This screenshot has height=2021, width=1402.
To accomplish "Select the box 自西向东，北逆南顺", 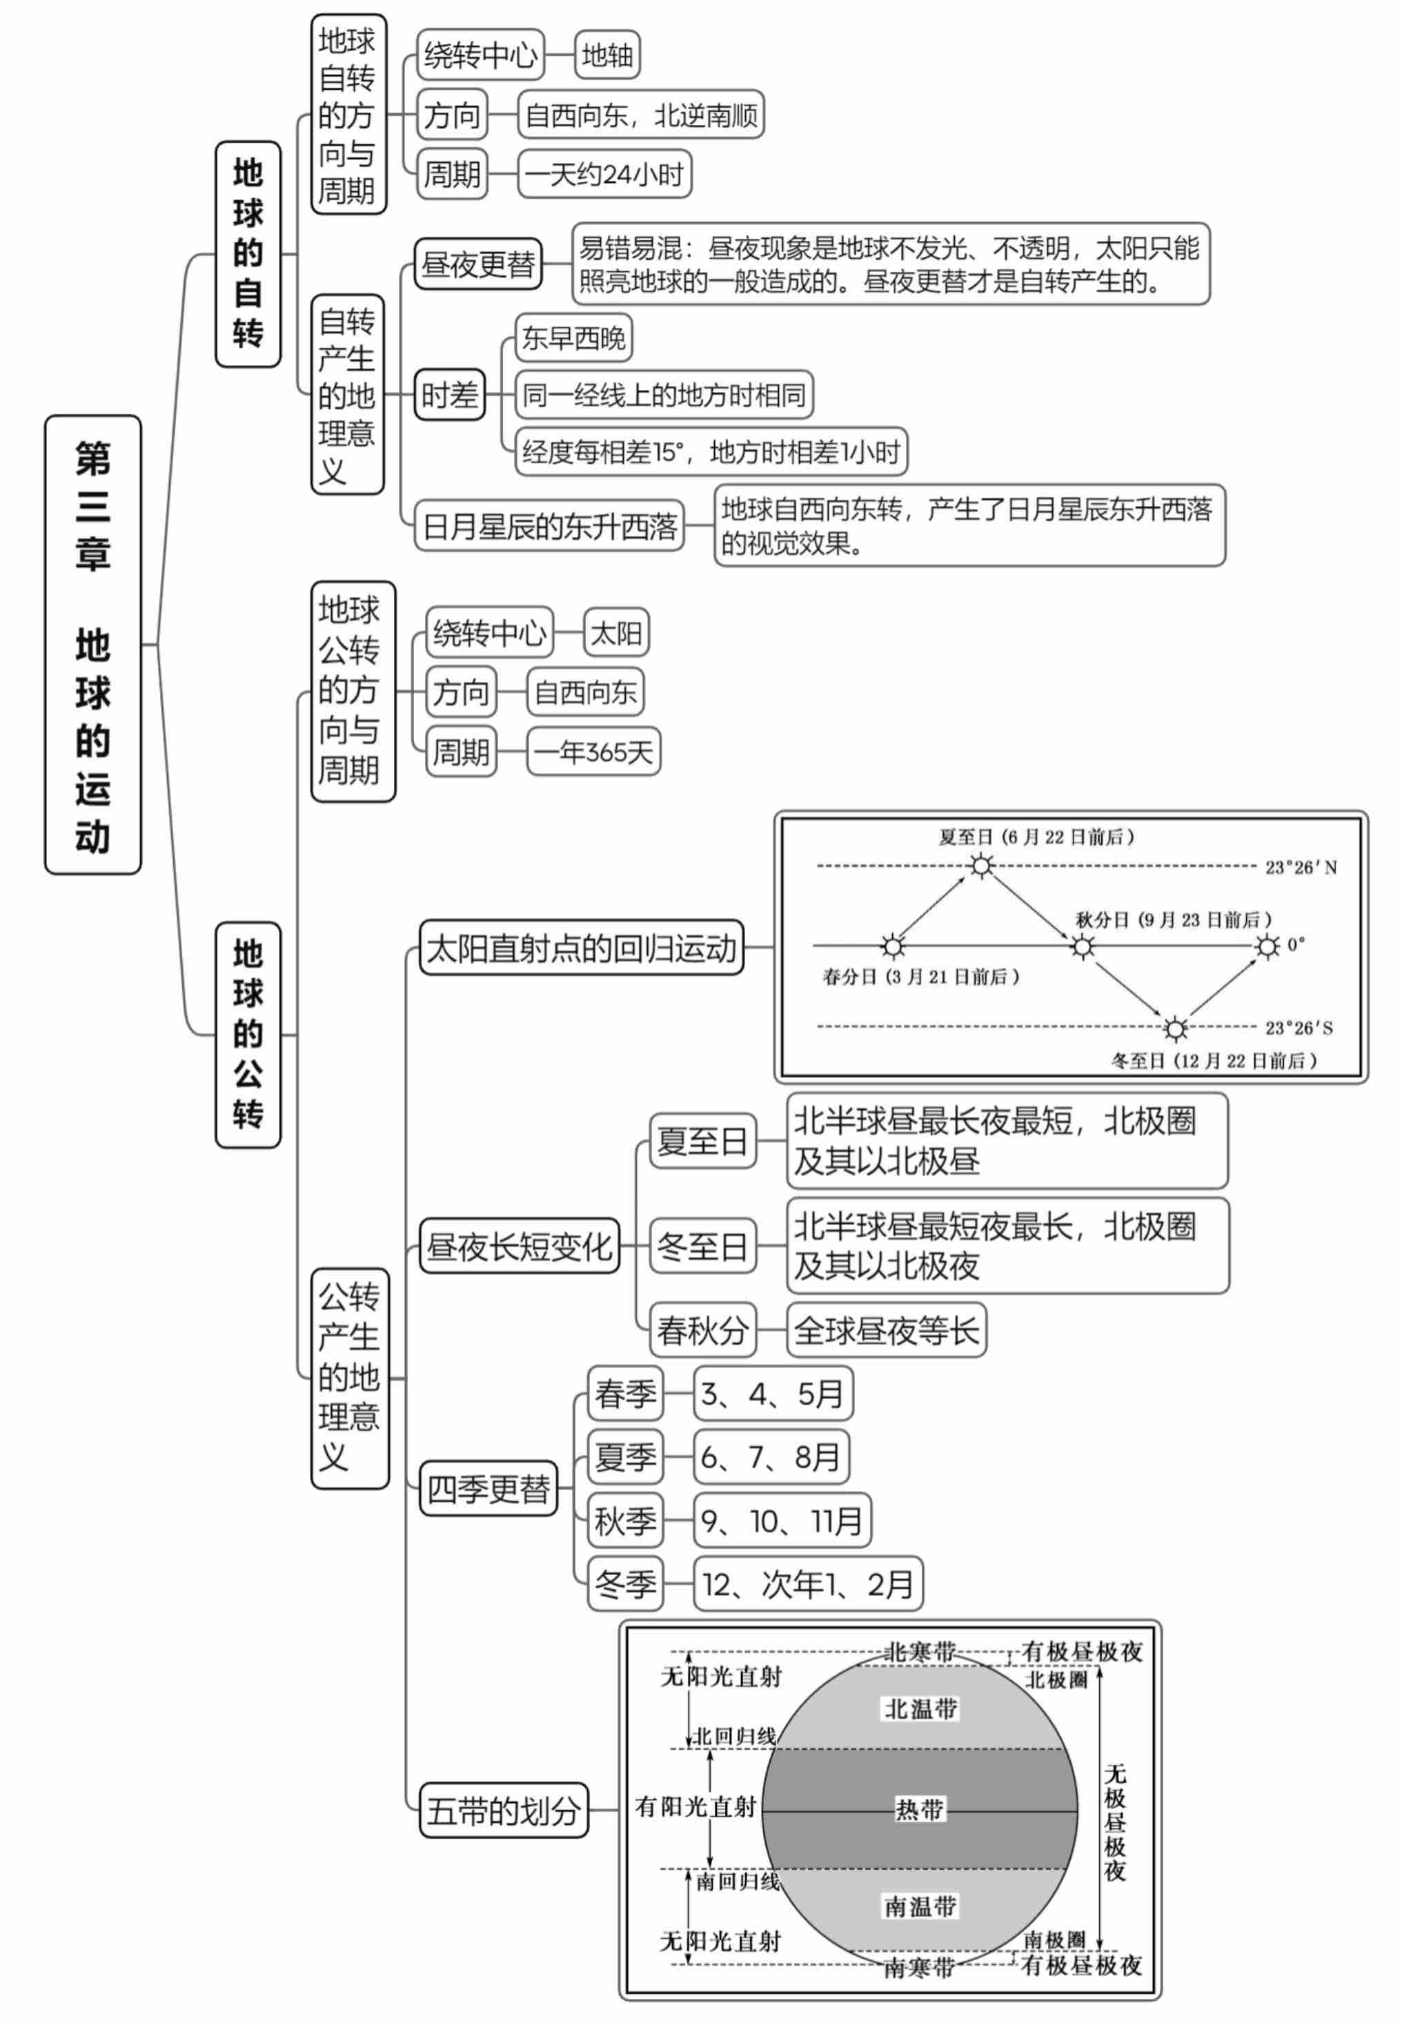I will (x=640, y=114).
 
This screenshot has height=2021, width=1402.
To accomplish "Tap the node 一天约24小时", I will (x=604, y=174).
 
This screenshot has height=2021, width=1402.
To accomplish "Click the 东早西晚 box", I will (x=573, y=338).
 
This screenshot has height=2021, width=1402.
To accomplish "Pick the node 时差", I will (x=449, y=395).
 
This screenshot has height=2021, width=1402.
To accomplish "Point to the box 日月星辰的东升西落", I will (x=549, y=527).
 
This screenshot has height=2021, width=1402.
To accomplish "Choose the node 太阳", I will (x=616, y=633).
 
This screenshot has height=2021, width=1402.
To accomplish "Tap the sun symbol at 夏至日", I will (x=981, y=866).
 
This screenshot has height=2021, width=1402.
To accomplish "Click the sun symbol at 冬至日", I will (x=1174, y=1027).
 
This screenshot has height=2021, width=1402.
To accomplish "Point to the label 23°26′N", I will (x=1300, y=867).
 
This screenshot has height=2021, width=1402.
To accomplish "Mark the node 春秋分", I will (x=702, y=1330).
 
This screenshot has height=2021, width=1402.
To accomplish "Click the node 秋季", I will (x=624, y=1520).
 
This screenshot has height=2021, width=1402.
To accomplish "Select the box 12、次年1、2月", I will (x=807, y=1584).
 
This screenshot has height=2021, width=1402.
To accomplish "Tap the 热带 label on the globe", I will (x=919, y=1809).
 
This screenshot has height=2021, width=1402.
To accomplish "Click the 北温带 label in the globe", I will (x=920, y=1708).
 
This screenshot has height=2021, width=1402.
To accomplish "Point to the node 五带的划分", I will (x=504, y=1810).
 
